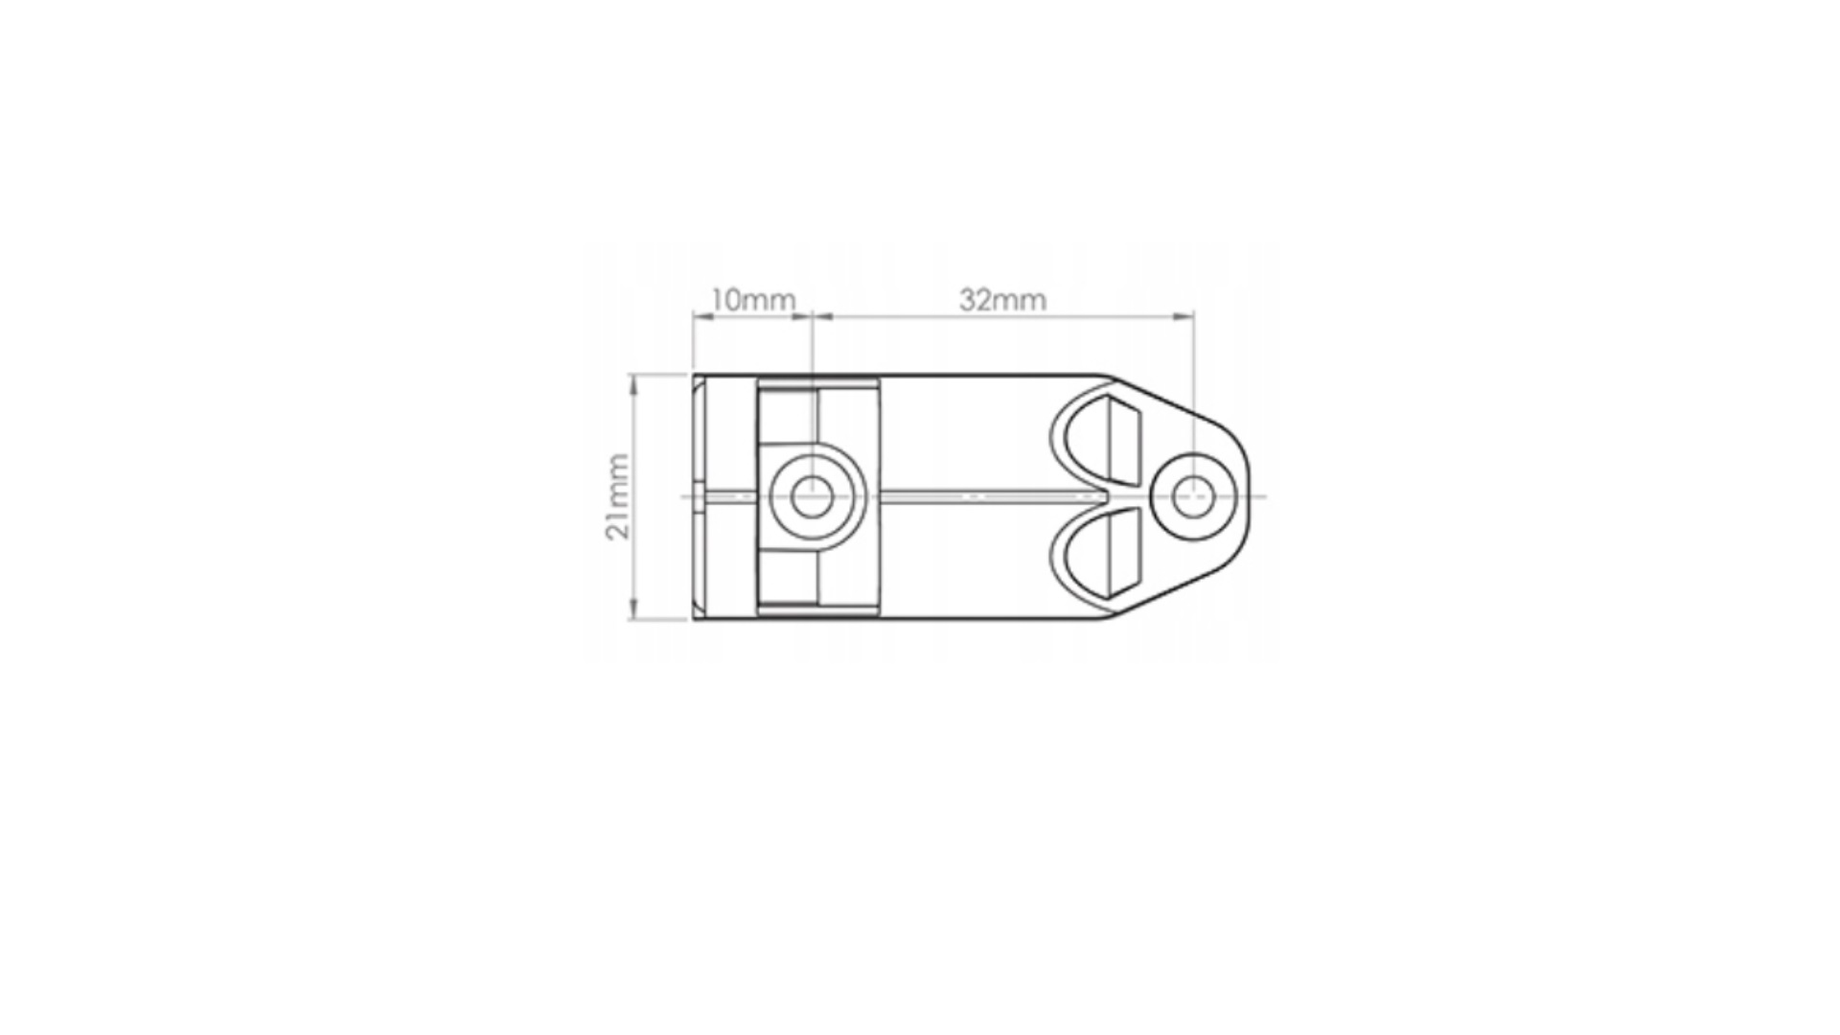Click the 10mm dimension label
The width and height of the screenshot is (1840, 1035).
point(753,300)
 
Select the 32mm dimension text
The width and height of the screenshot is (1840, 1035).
point(1002,300)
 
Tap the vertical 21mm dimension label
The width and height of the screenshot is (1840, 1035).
point(618,496)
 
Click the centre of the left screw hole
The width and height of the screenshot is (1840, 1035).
point(813,496)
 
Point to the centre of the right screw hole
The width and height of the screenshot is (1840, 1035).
point(1194,496)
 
